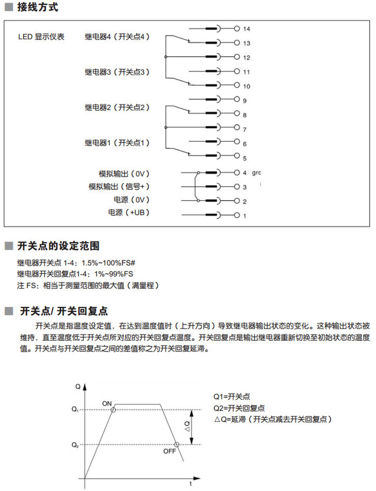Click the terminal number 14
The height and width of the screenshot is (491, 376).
click(247, 28)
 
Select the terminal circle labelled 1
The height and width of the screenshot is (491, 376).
click(237, 216)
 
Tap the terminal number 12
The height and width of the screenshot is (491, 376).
click(247, 57)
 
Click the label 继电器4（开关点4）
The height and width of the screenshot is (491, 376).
click(118, 37)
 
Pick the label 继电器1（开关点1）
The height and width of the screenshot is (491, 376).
click(118, 143)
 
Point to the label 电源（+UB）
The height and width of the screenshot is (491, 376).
click(128, 213)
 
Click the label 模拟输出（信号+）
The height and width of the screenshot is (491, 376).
click(119, 186)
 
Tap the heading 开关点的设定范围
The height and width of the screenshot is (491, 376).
click(59, 246)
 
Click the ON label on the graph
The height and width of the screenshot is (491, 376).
click(107, 402)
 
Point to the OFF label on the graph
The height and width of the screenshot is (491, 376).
click(169, 451)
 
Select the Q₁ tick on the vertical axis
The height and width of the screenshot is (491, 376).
click(75, 411)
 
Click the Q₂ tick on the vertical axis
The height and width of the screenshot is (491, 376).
click(75, 445)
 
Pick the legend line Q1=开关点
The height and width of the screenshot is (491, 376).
click(232, 397)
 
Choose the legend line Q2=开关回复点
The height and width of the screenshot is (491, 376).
click(239, 408)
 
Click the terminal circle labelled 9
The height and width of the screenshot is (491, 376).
click(237, 100)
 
